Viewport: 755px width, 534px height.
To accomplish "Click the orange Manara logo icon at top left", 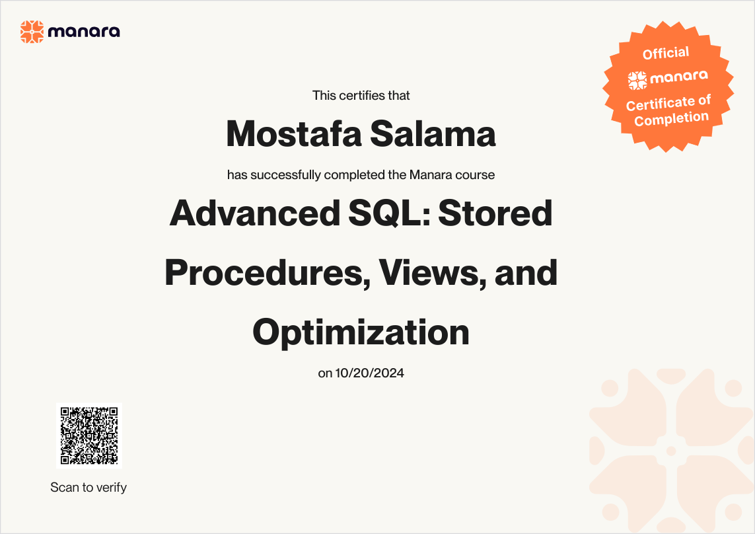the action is pos(32,32).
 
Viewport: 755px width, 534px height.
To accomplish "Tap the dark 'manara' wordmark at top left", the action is pos(84,32).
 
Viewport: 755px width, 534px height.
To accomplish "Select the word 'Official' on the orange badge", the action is pos(666,53).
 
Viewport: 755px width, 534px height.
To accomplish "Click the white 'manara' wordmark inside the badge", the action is pos(679,77).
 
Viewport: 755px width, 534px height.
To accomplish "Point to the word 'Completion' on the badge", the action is pos(671,118).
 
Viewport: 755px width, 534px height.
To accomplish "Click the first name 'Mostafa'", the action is pos(294,133).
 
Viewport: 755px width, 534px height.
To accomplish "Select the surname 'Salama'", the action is pos(433,133).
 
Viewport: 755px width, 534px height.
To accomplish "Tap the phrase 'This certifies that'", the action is pos(361,95).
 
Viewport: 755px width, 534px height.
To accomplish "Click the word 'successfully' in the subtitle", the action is pos(285,174).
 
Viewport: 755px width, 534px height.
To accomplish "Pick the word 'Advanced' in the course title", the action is pos(255,213).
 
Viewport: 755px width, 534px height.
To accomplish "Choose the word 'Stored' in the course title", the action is pos(495,213).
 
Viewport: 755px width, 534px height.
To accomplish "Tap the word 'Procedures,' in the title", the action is pos(268,273).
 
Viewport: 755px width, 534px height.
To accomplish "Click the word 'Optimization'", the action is pos(361,332).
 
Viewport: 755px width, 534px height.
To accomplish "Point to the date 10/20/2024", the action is pos(369,373).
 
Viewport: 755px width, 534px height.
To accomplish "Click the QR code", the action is pos(89,436).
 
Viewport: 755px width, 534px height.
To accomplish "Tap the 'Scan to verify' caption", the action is pos(89,487).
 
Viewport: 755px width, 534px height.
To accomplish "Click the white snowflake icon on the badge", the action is pos(637,81).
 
